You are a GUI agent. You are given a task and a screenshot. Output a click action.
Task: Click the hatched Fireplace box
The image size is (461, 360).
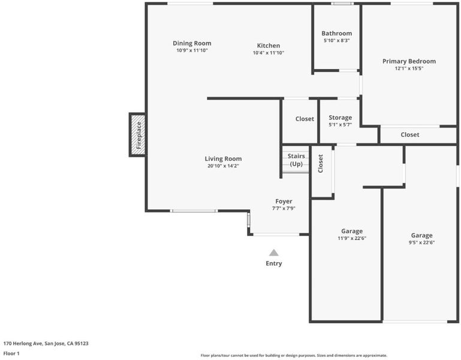click(x=138, y=135)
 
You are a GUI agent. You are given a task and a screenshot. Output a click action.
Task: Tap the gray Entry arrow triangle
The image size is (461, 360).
click(x=274, y=253)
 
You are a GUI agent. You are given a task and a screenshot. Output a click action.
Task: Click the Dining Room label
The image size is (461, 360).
click(x=192, y=43)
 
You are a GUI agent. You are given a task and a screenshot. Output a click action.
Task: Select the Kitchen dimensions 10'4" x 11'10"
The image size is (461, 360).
click(x=269, y=53)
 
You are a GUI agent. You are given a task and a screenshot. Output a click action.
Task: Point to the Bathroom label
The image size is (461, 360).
click(x=337, y=33)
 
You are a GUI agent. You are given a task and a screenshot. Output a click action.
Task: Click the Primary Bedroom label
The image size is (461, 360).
click(x=409, y=61)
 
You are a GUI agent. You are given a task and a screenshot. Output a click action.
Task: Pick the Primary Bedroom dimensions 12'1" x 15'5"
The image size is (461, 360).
click(x=409, y=68)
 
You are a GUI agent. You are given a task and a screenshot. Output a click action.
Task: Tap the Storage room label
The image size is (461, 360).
click(x=340, y=118)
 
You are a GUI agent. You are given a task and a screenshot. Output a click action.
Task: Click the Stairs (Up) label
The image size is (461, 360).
click(x=296, y=160)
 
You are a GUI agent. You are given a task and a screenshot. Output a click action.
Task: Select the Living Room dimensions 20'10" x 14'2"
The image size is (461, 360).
click(x=223, y=166)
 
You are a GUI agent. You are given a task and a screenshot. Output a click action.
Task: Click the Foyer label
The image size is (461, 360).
click(x=284, y=202)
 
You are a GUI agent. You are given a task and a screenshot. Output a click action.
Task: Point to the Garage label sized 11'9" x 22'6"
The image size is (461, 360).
click(x=352, y=231)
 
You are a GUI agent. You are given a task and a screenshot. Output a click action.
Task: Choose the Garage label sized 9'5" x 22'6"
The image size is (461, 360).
click(x=421, y=235)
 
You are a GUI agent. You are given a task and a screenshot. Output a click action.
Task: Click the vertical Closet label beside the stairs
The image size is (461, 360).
click(x=321, y=164)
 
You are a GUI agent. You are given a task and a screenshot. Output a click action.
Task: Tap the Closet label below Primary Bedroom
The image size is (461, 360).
click(x=410, y=134)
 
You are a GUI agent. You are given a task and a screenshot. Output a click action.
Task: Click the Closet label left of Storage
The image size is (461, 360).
click(x=305, y=119)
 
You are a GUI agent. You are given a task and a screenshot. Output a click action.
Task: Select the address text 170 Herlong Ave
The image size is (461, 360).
click(x=23, y=343)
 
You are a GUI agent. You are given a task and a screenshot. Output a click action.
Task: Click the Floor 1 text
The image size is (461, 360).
click(x=11, y=353)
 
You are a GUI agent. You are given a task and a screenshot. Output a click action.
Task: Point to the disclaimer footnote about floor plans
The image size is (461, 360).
click(x=294, y=355)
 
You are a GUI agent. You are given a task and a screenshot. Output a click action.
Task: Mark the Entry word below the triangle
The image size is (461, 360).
click(x=274, y=263)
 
